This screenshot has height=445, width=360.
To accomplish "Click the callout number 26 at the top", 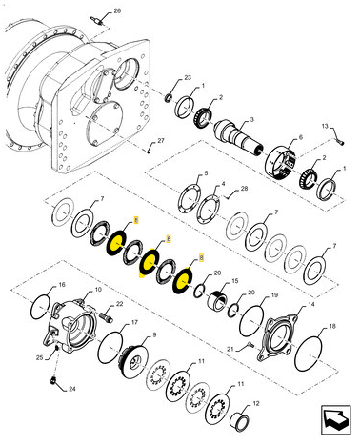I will click(117, 10).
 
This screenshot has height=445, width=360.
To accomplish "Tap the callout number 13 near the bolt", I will click(323, 127).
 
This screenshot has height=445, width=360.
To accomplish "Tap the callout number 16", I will click(62, 286).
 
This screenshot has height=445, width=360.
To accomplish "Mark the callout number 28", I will click(243, 190).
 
